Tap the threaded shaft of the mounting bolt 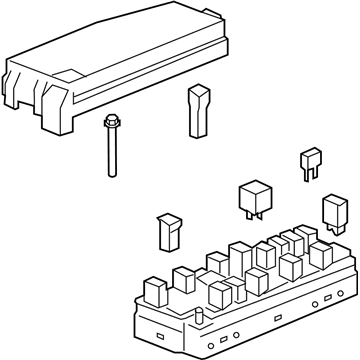108,155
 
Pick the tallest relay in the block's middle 240,256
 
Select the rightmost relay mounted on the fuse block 322,253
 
